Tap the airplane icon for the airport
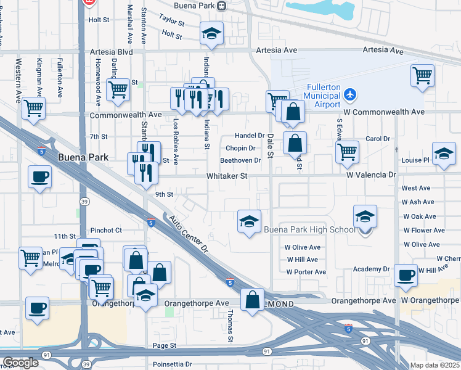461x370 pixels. click(351, 94)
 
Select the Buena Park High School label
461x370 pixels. click(309, 230)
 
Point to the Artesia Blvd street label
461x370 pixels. click(112, 52)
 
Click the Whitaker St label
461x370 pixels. click(227, 176)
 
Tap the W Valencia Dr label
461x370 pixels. click(370, 176)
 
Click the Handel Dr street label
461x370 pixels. click(249, 136)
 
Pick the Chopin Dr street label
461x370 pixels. click(240, 148)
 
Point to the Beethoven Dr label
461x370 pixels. click(241, 160)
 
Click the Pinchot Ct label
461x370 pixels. click(106, 230)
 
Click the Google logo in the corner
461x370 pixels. click(20, 363)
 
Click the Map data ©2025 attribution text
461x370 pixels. click(435, 365)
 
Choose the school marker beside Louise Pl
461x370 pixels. click(444, 154)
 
